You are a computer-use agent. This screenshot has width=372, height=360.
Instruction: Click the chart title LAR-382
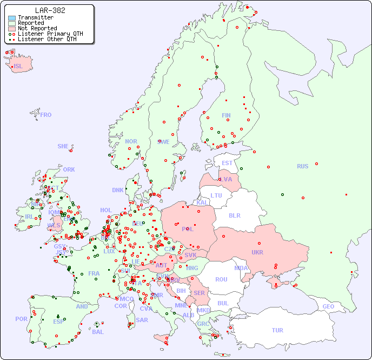pyautogui.click(x=50, y=10)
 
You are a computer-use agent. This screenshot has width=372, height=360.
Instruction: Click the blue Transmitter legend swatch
pyautogui.click(x=12, y=17)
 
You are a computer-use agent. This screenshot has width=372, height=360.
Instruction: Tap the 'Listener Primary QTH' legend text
pyautogui.click(x=50, y=34)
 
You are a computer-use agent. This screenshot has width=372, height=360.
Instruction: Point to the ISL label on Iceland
pyautogui.click(x=18, y=67)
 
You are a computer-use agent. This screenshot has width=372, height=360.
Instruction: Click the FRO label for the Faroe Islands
pyautogui.click(x=46, y=115)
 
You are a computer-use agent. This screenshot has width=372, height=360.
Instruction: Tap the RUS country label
pyautogui.click(x=302, y=166)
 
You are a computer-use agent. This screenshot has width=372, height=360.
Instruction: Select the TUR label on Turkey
pyautogui.click(x=277, y=330)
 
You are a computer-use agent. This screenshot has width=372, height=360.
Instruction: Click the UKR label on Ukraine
pyautogui.click(x=257, y=252)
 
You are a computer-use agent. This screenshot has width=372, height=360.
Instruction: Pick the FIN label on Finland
pyautogui.click(x=226, y=115)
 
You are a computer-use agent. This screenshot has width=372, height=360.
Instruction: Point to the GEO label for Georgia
pyautogui.click(x=328, y=306)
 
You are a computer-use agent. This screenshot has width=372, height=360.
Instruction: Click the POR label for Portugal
pyautogui.click(x=21, y=319)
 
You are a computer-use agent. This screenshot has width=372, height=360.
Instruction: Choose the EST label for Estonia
pyautogui.click(x=227, y=163)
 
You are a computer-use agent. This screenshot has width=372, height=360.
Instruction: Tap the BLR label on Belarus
pyautogui.click(x=235, y=215)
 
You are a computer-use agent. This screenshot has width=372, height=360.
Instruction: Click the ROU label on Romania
pyautogui.click(x=221, y=279)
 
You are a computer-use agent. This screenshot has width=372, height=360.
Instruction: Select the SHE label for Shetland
pyautogui.click(x=63, y=146)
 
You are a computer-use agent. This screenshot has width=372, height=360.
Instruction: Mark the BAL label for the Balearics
pyautogui.click(x=97, y=332)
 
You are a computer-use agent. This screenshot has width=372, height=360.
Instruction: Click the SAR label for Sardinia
pyautogui.click(x=142, y=320)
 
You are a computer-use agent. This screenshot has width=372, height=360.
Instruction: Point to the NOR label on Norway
pyautogui.click(x=131, y=141)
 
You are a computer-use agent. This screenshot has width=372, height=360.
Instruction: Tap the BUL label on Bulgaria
pyautogui.click(x=223, y=303)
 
